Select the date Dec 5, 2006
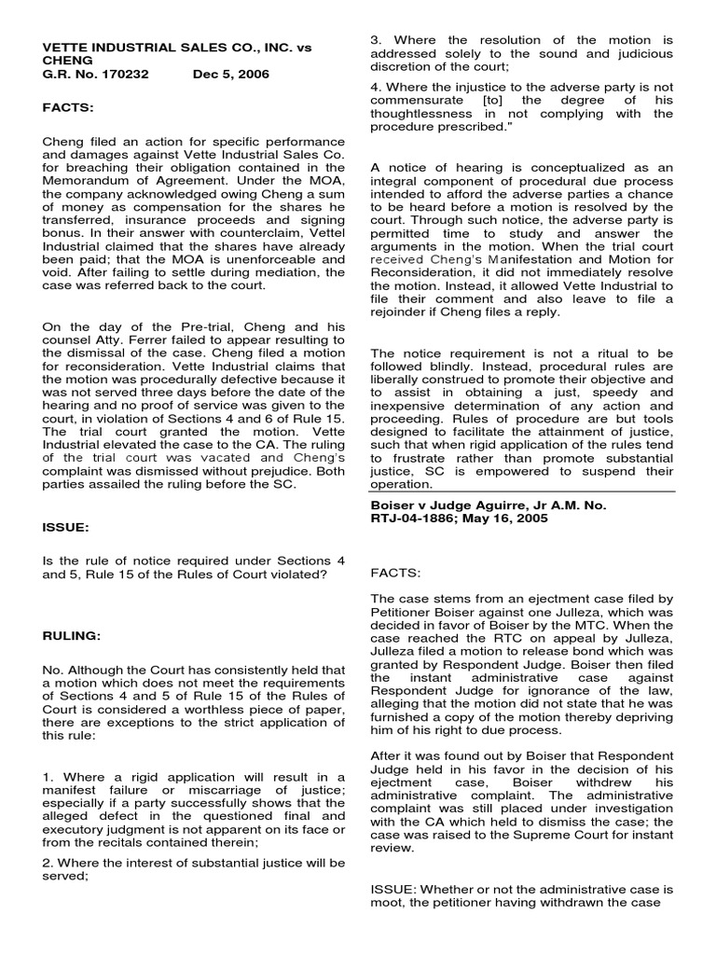coord(231,74)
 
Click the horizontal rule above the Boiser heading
coord(521,491)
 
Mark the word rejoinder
coord(401,311)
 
